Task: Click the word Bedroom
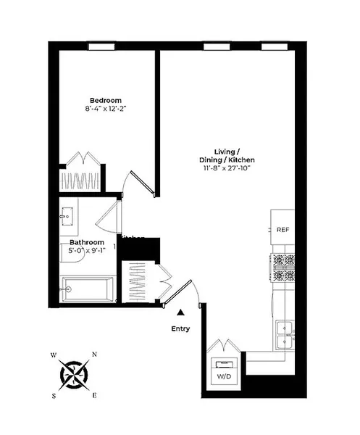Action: click(105, 100)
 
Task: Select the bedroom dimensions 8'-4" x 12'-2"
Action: click(105, 110)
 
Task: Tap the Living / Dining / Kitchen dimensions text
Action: click(229, 169)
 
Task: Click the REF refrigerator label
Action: click(283, 230)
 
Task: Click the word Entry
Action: click(180, 328)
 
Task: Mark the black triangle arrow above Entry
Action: click(180, 312)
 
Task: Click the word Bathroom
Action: click(86, 243)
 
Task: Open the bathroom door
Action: click(109, 217)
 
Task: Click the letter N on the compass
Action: click(94, 355)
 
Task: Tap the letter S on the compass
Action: click(54, 396)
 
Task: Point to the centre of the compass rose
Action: click(74, 375)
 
